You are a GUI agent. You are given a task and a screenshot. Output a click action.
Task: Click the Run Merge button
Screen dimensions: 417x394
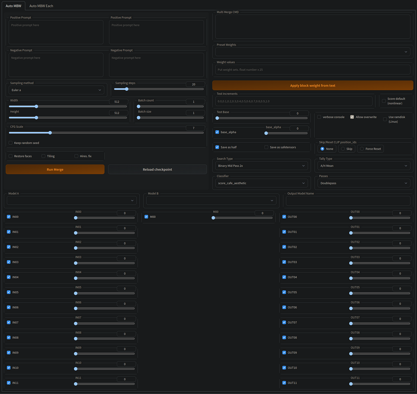coord(55,169)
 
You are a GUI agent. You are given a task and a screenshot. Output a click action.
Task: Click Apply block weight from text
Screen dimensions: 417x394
coord(313,86)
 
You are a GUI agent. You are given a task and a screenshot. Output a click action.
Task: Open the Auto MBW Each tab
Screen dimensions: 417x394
coord(41,6)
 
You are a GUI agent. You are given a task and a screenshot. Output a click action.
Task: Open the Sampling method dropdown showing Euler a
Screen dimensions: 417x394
coord(56,90)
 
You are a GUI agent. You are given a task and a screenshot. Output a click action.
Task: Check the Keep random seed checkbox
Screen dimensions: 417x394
coord(10,143)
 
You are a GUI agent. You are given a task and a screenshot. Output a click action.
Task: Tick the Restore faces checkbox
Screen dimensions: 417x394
coord(10,156)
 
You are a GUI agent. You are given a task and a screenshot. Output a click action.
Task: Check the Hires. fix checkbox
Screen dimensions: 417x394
coord(76,156)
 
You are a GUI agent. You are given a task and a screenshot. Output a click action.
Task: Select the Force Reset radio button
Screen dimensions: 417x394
coord(362,149)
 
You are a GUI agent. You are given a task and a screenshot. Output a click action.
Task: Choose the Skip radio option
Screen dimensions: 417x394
coord(343,149)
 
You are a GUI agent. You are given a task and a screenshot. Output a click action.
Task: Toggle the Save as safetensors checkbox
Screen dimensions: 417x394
coord(266,147)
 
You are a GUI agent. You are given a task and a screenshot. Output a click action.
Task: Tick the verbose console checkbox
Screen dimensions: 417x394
coord(319,117)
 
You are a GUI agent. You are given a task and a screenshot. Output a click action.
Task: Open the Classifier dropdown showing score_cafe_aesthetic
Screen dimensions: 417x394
coord(262,183)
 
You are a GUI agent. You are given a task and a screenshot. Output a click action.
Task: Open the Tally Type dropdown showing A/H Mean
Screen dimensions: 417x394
coord(364,166)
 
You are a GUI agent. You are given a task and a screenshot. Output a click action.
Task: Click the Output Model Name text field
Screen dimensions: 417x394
coord(348,201)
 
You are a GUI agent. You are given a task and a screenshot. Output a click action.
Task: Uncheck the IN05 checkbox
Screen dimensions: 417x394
coord(9,292)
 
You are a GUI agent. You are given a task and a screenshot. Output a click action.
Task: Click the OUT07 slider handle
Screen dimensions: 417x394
coord(351,324)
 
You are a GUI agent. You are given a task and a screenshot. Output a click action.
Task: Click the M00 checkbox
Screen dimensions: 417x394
coord(146,217)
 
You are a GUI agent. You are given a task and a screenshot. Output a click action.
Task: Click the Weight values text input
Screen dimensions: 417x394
coord(313,69)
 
